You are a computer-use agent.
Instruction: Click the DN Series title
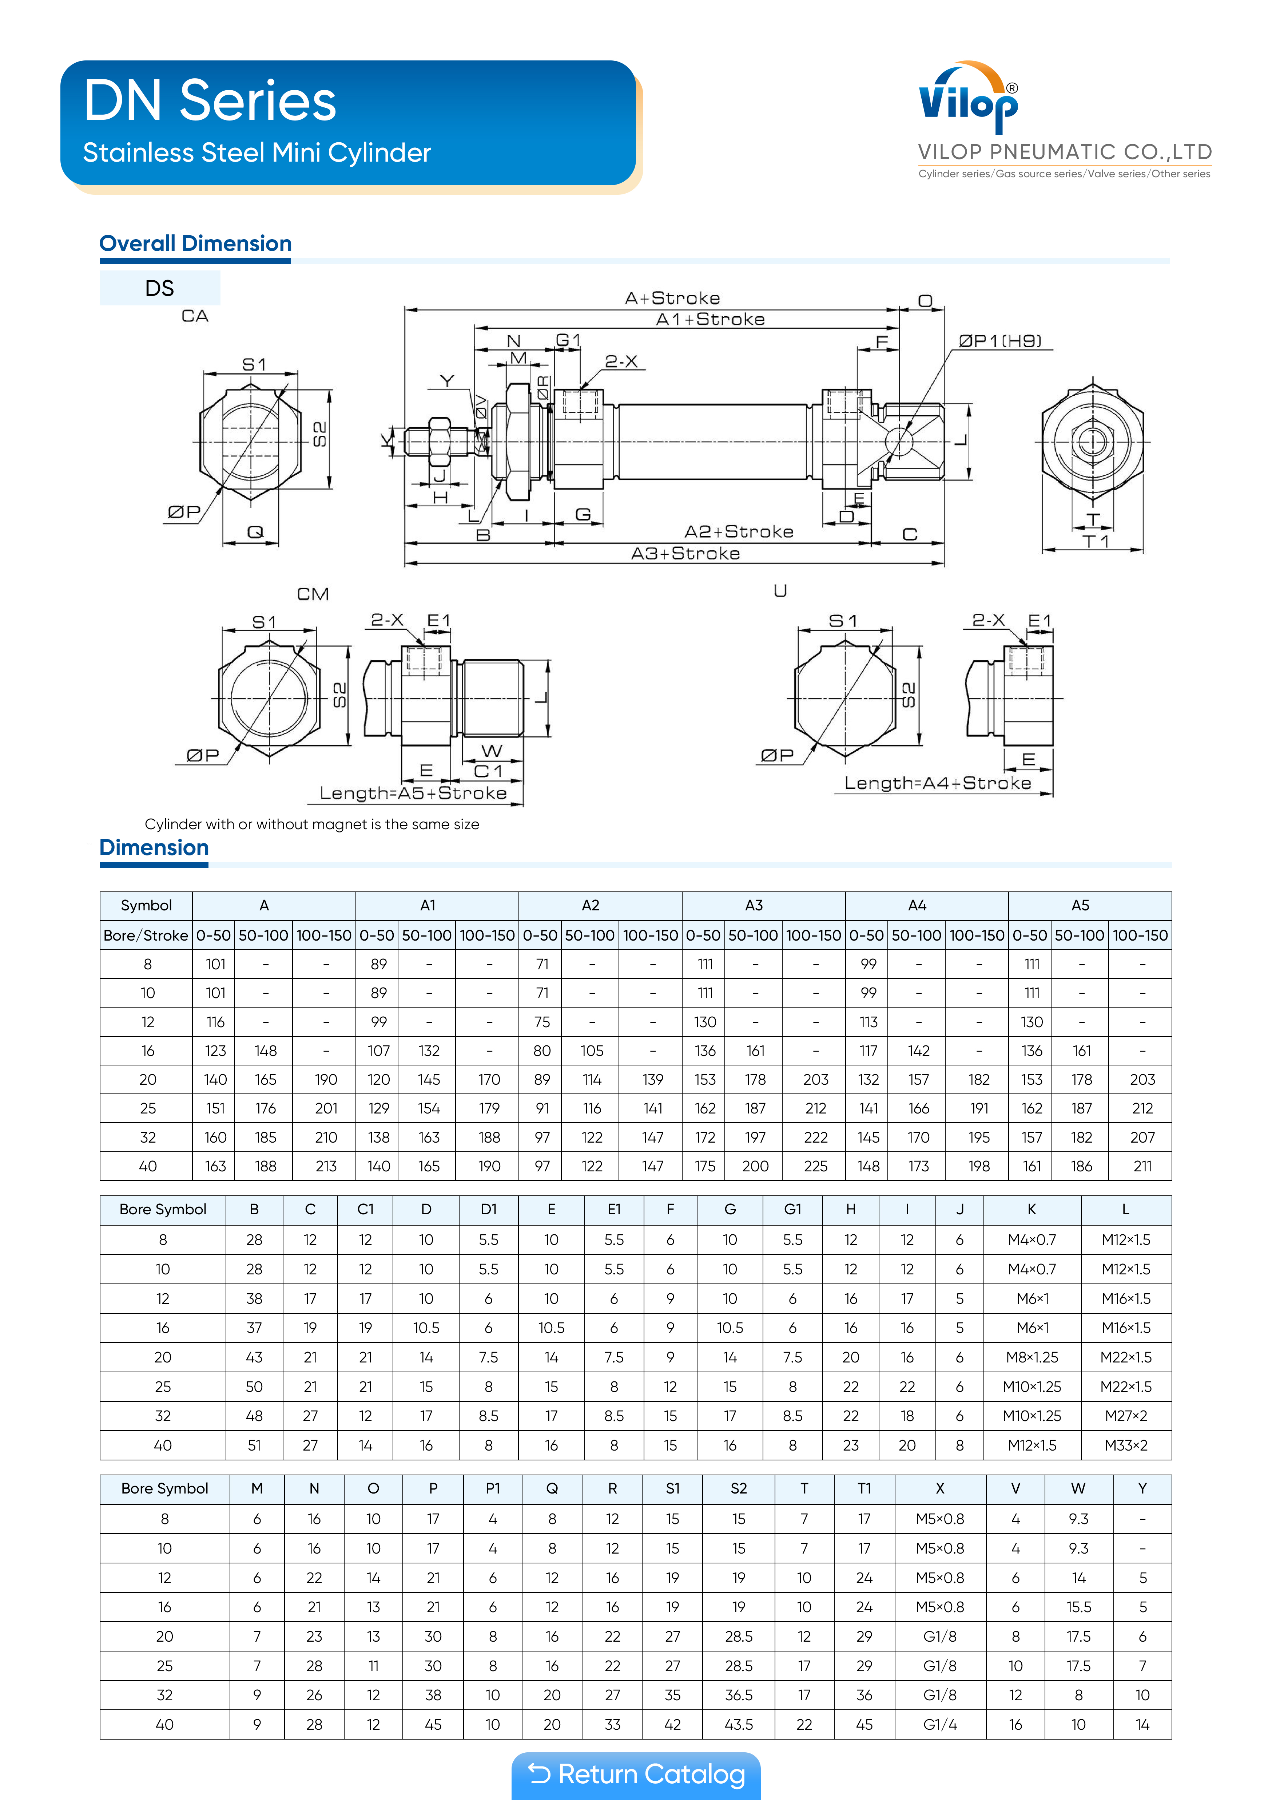210,100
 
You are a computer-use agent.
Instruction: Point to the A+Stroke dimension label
672,298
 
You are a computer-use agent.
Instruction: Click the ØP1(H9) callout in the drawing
1000,341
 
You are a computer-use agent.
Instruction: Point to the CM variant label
313,594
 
